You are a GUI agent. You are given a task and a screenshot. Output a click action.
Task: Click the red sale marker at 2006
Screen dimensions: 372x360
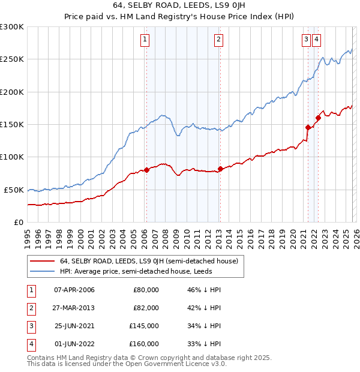tap(146, 170)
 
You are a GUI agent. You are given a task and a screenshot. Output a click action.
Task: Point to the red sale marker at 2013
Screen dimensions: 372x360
tap(220, 169)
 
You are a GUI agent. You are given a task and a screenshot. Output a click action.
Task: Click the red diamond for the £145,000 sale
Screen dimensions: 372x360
tap(308, 127)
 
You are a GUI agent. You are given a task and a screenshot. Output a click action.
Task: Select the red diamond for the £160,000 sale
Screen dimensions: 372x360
tap(318, 118)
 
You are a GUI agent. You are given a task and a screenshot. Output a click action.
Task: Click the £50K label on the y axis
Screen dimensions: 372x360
tap(14, 190)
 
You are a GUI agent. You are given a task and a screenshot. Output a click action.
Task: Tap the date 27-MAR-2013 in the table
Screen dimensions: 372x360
tap(74, 308)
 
